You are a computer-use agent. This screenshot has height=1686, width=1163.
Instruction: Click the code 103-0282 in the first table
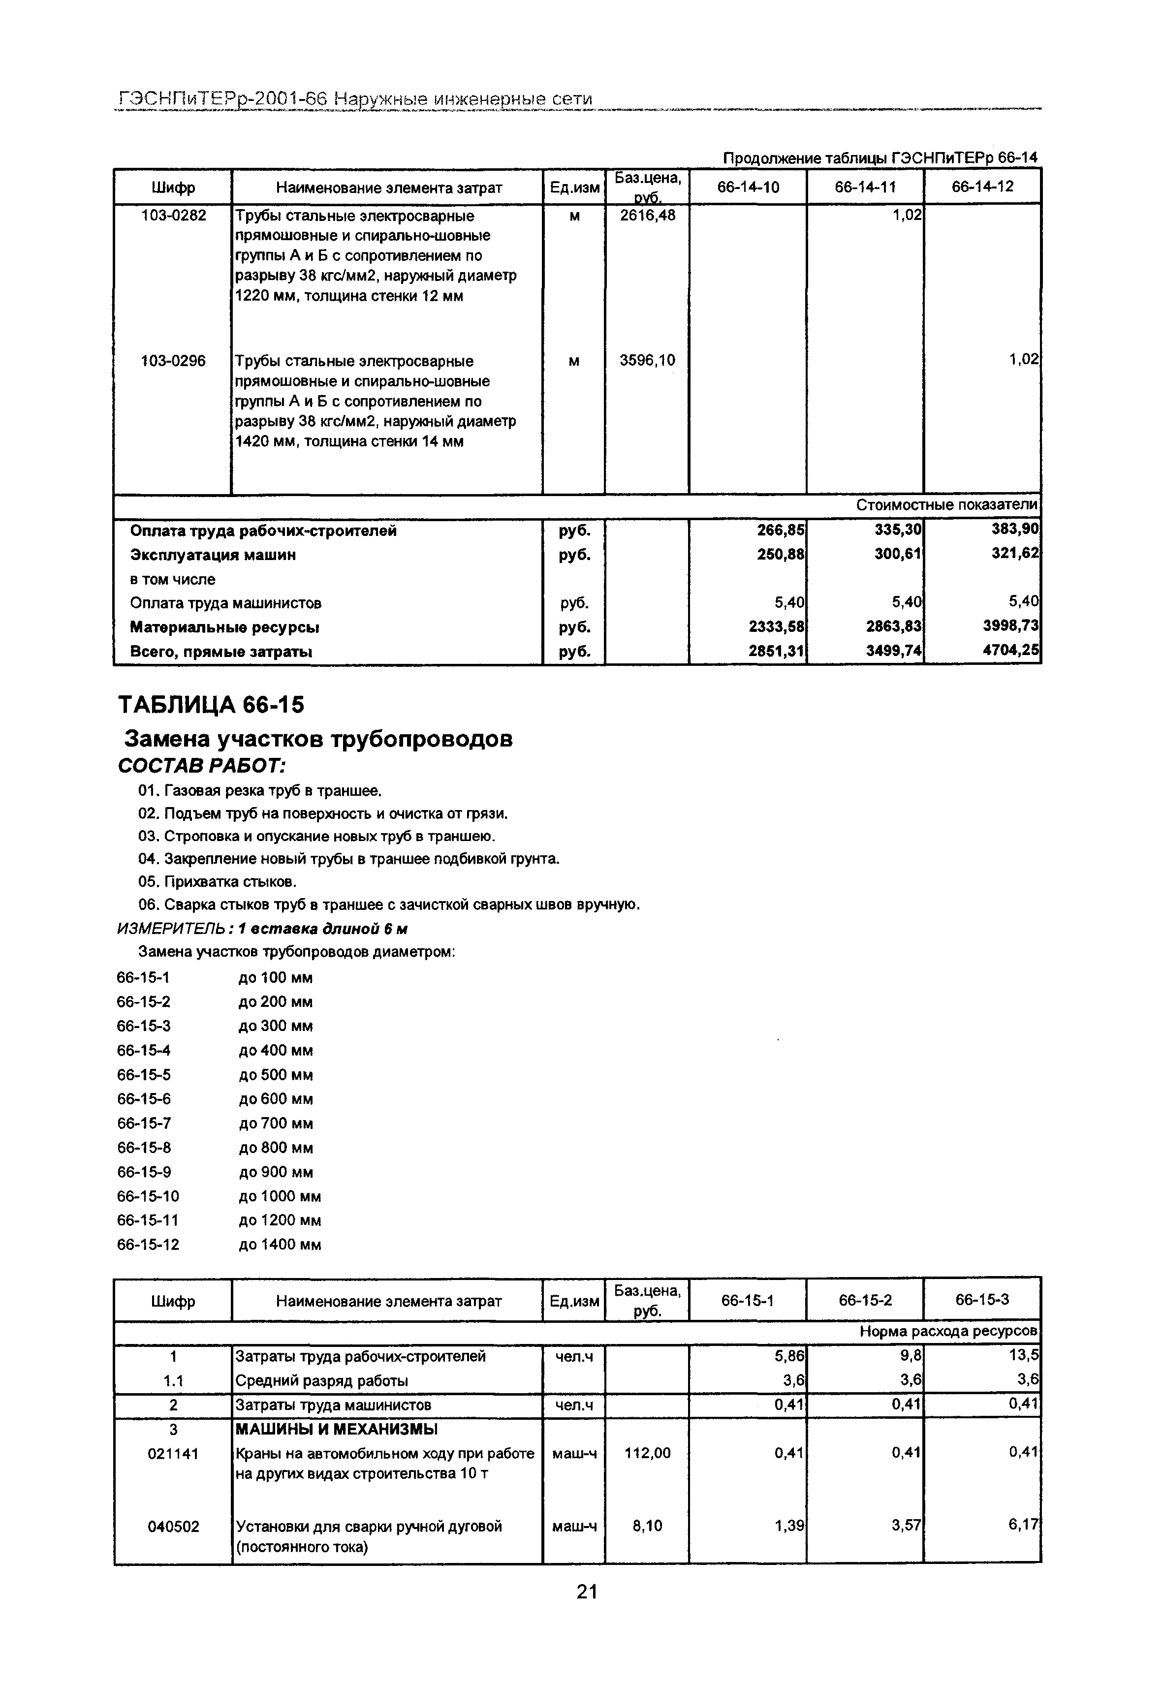173,216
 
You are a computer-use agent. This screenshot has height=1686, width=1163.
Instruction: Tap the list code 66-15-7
144,1124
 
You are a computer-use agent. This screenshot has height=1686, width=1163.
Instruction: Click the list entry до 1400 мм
280,1245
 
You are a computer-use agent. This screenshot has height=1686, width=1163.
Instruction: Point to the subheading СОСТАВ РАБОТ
202,767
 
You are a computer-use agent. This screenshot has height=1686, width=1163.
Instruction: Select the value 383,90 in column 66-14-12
1019,531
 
